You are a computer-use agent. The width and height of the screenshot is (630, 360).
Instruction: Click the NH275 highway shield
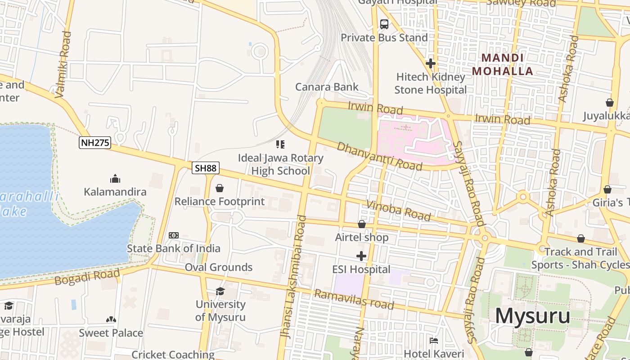pyautogui.click(x=95, y=143)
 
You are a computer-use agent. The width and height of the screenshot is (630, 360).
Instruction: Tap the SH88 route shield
pyautogui.click(x=206, y=168)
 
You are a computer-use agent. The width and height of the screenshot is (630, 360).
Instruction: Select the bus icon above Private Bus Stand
pyautogui.click(x=384, y=24)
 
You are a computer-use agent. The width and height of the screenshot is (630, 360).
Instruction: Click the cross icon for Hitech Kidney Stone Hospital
pyautogui.click(x=430, y=63)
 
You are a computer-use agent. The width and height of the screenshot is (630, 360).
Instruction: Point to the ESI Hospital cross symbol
pyautogui.click(x=361, y=256)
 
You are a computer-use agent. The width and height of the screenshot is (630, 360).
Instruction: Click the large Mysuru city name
pyautogui.click(x=532, y=316)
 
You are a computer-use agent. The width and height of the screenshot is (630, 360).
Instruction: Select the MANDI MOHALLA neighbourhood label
pyautogui.click(x=503, y=64)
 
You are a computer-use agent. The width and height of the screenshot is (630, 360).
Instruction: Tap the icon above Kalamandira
pyautogui.click(x=115, y=179)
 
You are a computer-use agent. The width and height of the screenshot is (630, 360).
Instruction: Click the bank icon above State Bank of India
pyautogui.click(x=174, y=235)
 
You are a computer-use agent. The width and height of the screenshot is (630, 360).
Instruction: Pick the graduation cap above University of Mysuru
pyautogui.click(x=220, y=291)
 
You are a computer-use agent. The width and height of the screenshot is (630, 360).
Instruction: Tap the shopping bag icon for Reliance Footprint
pyautogui.click(x=220, y=188)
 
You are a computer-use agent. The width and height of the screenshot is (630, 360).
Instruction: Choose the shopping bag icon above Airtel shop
pyautogui.click(x=362, y=224)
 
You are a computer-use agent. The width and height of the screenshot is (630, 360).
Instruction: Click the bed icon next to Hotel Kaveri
pyautogui.click(x=434, y=340)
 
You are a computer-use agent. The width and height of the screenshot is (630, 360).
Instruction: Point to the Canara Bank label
pyautogui.click(x=327, y=87)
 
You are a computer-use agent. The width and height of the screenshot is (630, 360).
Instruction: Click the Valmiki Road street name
pyautogui.click(x=63, y=64)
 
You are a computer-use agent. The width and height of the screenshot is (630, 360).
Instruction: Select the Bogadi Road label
pyautogui.click(x=87, y=277)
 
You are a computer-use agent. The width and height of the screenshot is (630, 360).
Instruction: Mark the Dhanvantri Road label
pyautogui.click(x=379, y=156)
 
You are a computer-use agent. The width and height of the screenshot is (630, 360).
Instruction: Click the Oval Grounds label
pyautogui.click(x=219, y=267)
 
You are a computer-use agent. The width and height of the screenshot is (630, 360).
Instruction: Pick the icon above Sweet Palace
pyautogui.click(x=111, y=319)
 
